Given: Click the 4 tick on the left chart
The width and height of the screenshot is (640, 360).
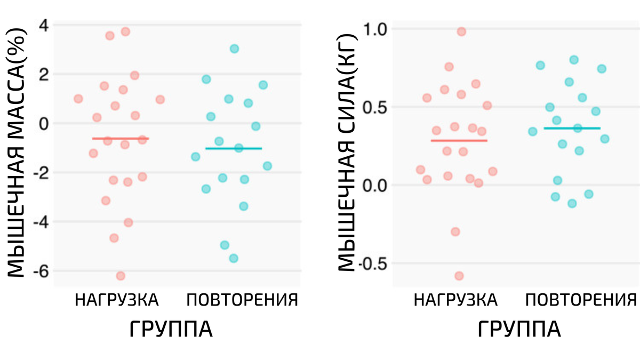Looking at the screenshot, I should click(43, 25).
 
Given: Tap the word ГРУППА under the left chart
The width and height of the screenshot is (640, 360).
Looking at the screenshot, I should click(171, 330).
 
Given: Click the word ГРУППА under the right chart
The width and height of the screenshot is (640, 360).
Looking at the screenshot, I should click(519, 330).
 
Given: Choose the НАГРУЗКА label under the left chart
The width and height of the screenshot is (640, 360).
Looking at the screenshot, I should click(117, 300).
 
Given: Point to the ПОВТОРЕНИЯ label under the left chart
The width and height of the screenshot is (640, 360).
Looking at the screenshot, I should click(242, 300).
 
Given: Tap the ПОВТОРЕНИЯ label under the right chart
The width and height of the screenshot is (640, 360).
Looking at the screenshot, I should click(581, 300).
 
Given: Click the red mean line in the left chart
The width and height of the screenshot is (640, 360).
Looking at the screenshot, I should click(121, 139).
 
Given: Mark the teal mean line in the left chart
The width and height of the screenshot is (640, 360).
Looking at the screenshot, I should click(234, 148).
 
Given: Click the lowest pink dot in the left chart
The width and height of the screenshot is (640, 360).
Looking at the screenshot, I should click(121, 276).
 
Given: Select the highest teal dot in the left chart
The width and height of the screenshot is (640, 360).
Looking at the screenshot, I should click(234, 49).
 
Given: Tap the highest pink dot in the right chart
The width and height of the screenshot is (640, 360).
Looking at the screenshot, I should click(461, 31).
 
